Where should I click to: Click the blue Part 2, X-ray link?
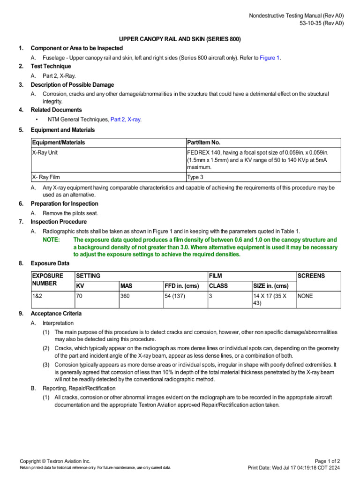(x=126, y=120)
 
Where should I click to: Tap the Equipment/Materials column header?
(x=59, y=142)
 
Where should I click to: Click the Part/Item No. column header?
(x=203, y=142)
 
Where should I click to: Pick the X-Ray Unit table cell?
(x=45, y=153)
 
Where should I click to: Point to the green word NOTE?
(x=51, y=240)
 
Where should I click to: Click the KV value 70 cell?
(x=79, y=296)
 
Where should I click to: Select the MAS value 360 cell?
(x=126, y=296)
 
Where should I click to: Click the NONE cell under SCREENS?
(x=306, y=296)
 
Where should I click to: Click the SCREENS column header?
(x=311, y=276)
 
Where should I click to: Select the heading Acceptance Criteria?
(x=56, y=314)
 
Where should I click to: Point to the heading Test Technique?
(x=51, y=67)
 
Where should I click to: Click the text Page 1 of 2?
(x=328, y=461)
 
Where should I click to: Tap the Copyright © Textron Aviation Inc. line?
(x=55, y=461)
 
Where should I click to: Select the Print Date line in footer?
(x=294, y=468)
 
